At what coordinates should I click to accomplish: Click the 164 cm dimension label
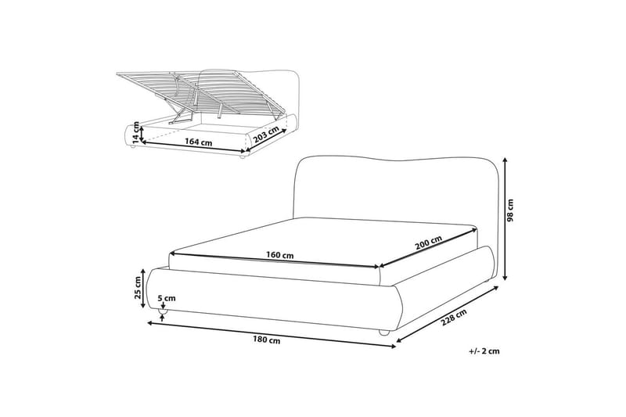click(198, 142)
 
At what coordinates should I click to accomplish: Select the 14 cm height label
click(136, 132)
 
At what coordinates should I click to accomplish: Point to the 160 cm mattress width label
click(280, 254)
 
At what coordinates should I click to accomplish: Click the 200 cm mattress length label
click(428, 243)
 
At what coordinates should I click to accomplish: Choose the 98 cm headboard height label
click(510, 210)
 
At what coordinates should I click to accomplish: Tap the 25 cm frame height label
click(138, 288)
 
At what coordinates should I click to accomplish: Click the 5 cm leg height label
click(167, 298)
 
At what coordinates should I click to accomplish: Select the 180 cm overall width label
click(266, 340)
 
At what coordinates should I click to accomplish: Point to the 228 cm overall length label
click(454, 317)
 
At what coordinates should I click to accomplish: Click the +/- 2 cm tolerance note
click(484, 351)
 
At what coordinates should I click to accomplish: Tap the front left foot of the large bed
click(163, 311)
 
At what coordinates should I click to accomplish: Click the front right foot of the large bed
click(383, 332)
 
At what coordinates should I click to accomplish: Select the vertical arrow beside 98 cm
click(505, 219)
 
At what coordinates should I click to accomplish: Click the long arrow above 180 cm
click(272, 335)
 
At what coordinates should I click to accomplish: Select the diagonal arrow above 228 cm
click(448, 314)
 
